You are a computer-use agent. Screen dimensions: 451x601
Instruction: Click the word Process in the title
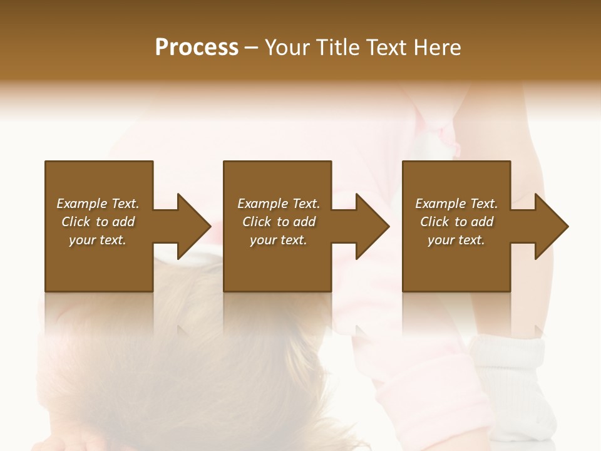pos(197,48)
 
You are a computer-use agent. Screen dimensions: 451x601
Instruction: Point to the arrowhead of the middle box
pos(372,226)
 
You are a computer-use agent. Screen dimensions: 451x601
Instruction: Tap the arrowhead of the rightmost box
pos(551,226)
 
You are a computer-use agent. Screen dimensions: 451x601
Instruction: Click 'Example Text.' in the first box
pos(98,204)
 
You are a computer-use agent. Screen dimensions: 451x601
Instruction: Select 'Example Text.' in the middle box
pos(279,204)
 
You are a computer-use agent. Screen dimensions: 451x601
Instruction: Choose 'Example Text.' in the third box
pos(456,204)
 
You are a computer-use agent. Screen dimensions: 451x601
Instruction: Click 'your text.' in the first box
pos(98,240)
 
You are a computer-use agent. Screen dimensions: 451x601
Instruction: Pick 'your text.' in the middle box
pos(279,240)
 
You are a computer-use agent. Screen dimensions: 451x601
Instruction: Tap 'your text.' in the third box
pos(456,240)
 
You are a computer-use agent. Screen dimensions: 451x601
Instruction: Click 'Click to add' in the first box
pos(98,222)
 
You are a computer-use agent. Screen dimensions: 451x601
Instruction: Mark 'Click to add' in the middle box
pos(279,222)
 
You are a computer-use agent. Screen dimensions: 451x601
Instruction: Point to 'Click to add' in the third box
pos(456,222)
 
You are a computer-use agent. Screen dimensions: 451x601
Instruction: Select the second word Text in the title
pos(384,48)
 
